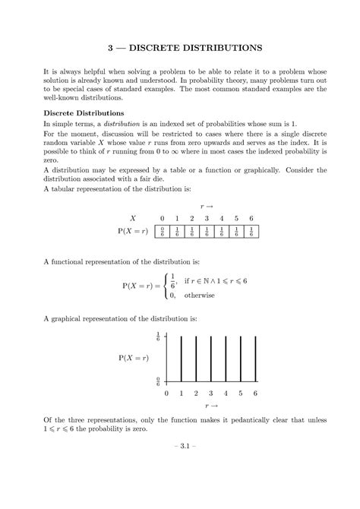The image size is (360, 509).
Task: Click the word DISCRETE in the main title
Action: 154,47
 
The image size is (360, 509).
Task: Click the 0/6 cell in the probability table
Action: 162,232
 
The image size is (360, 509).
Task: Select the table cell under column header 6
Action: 251,232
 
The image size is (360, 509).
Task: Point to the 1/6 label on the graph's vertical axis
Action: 157,336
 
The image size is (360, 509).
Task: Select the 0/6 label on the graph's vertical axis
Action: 157,381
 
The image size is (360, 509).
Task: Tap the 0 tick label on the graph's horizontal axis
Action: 166,394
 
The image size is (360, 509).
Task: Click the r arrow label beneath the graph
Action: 210,406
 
